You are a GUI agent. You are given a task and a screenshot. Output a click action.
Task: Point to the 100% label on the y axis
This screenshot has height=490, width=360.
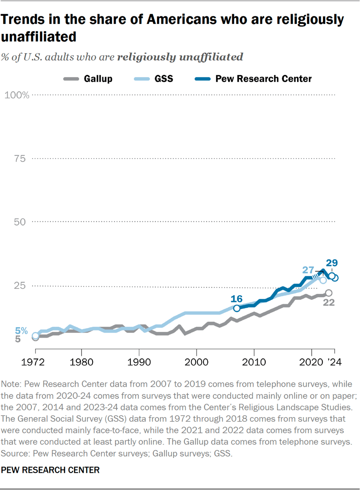(x=17, y=95)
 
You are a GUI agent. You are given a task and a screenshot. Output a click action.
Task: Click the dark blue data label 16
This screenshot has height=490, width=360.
(x=237, y=299)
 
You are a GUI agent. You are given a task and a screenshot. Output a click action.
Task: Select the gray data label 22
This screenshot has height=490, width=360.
(x=328, y=302)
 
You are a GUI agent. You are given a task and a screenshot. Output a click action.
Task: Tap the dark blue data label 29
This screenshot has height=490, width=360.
(x=332, y=263)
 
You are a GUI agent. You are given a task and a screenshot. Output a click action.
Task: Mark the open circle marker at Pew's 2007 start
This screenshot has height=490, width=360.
(x=237, y=308)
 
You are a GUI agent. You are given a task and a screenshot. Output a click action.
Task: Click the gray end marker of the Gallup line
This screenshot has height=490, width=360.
(x=329, y=293)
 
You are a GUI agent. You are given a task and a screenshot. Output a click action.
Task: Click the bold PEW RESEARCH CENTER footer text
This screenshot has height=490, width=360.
(x=51, y=470)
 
